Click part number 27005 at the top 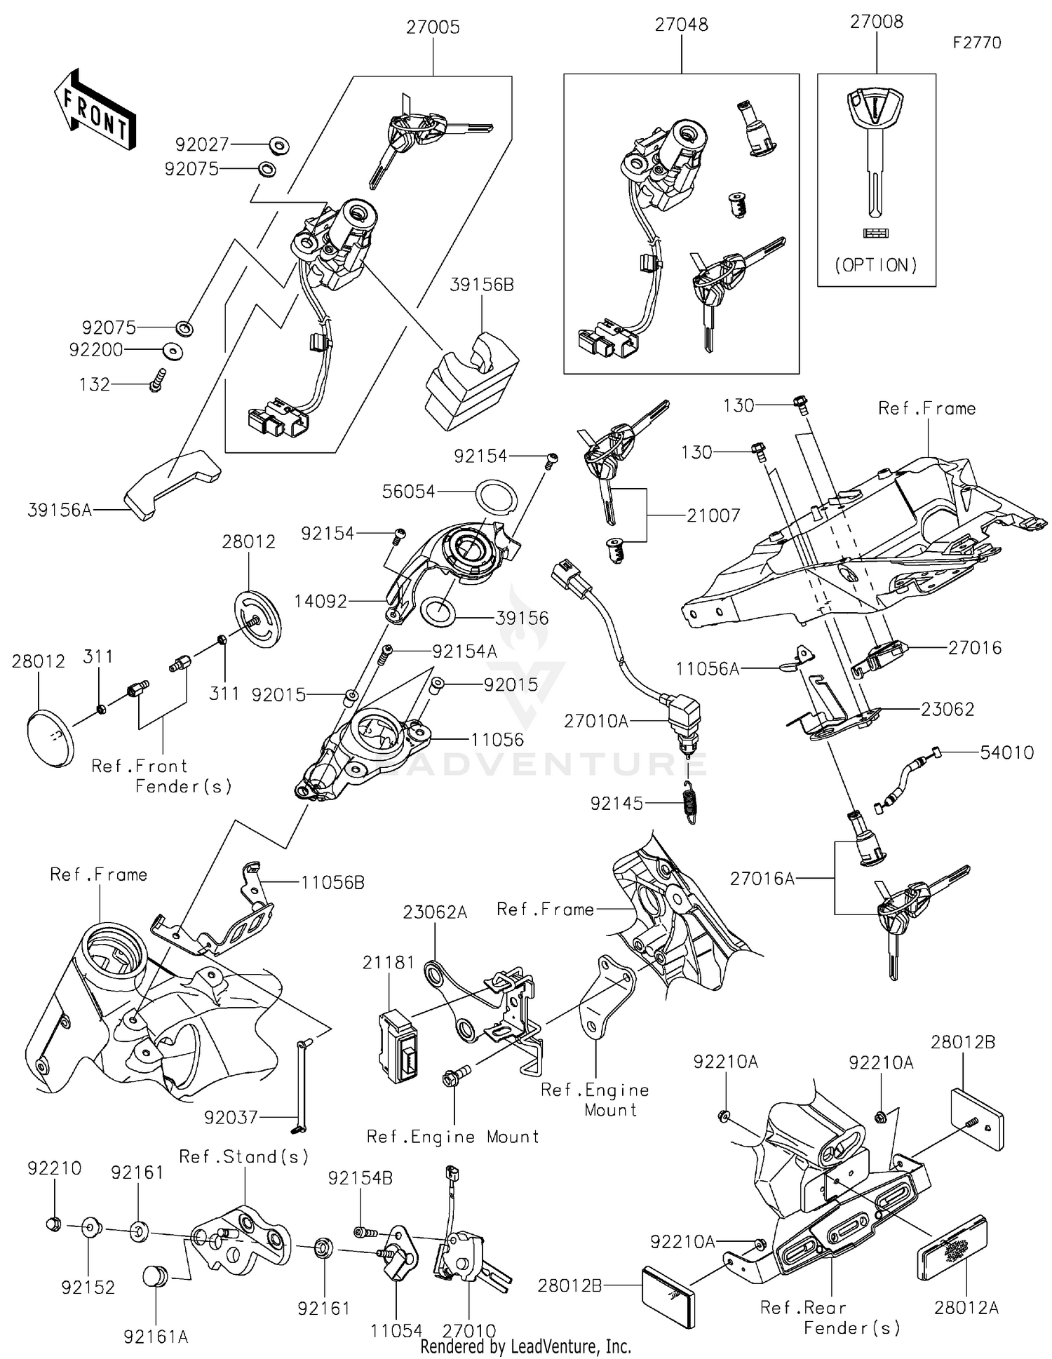pyautogui.click(x=433, y=27)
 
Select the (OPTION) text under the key pyautogui.click(x=875, y=265)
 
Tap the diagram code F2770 pyautogui.click(x=976, y=43)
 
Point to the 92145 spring pyautogui.click(x=692, y=802)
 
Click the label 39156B pyautogui.click(x=482, y=285)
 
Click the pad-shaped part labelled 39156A pyautogui.click(x=171, y=485)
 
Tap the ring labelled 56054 pyautogui.click(x=497, y=497)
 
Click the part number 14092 pyautogui.click(x=320, y=601)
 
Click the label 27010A pyautogui.click(x=596, y=721)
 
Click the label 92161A pyautogui.click(x=156, y=1337)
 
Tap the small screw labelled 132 pyautogui.click(x=157, y=380)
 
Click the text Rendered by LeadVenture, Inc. pyautogui.click(x=525, y=1346)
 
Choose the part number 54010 pyautogui.click(x=1006, y=752)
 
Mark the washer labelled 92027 pyautogui.click(x=278, y=146)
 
